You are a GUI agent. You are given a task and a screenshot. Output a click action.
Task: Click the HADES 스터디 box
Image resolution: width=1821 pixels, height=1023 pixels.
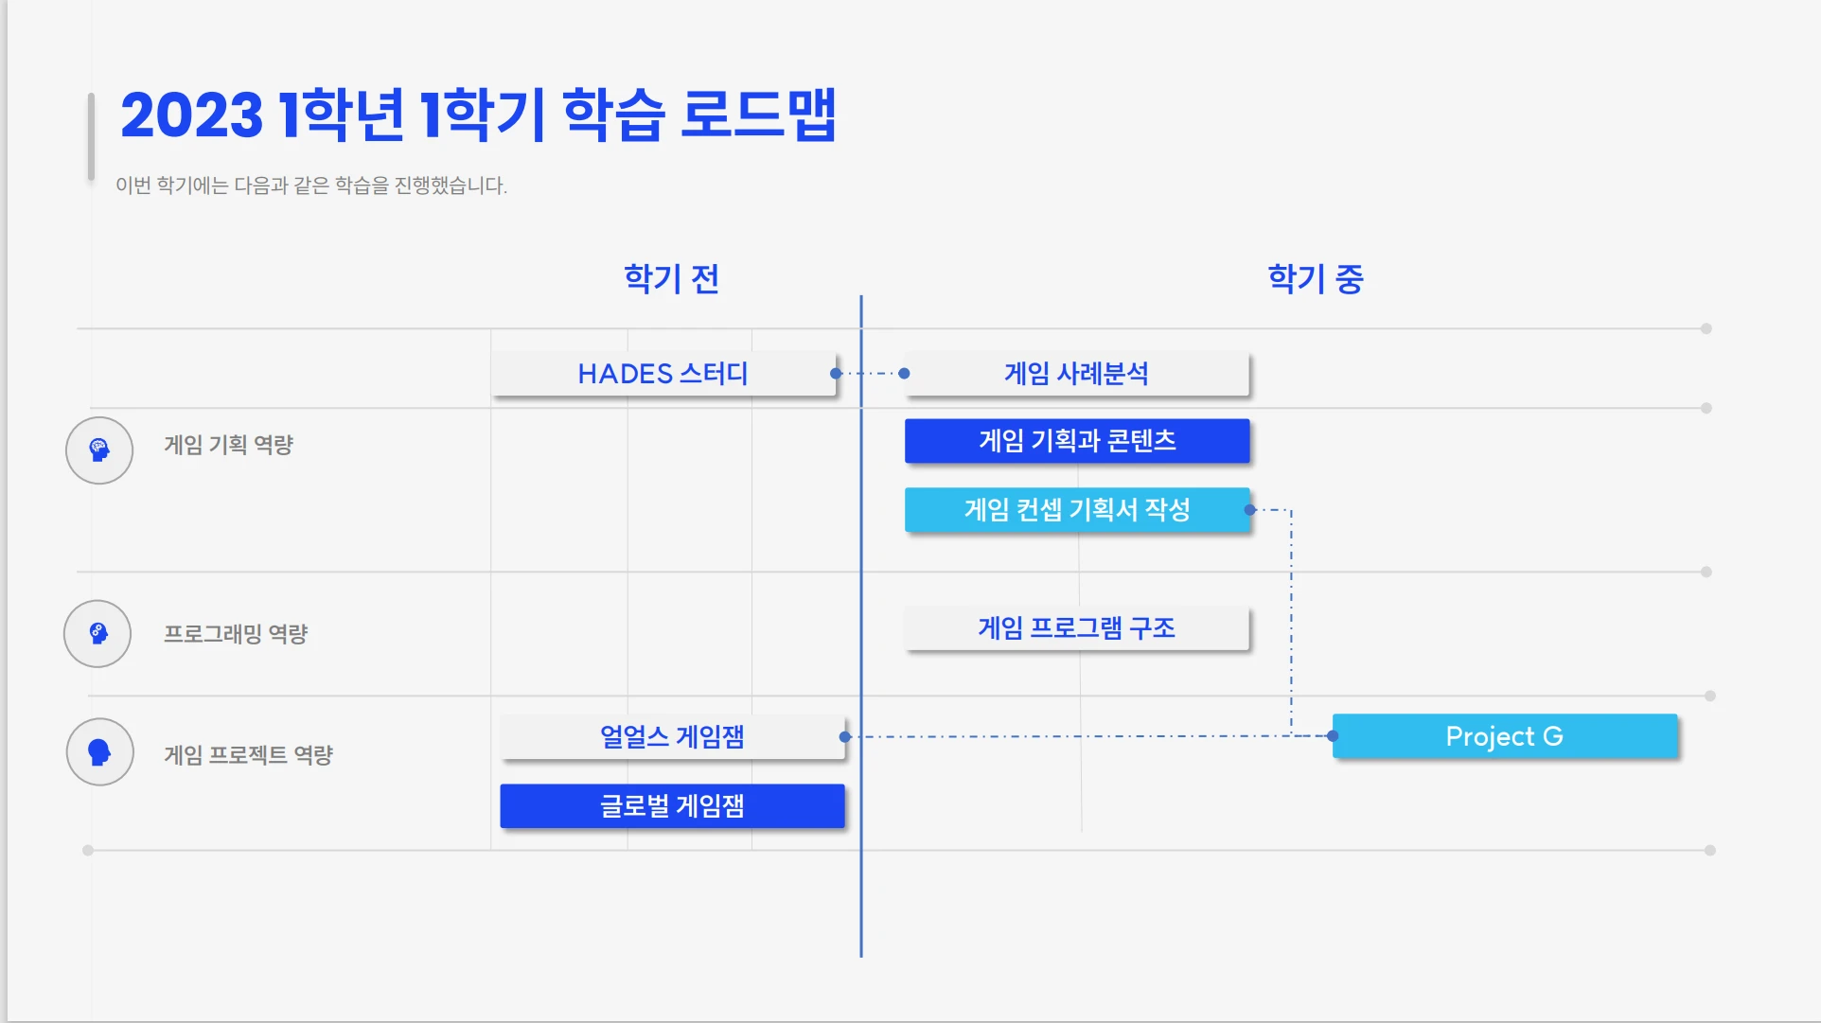click(x=663, y=374)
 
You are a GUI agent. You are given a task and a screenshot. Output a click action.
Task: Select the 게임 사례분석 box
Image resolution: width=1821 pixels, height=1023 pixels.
click(x=1076, y=374)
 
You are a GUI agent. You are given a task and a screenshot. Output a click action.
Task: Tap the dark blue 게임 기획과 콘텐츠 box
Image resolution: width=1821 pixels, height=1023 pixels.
click(x=1076, y=441)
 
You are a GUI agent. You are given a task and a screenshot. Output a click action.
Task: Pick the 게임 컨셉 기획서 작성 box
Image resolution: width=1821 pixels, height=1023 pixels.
click(x=1076, y=510)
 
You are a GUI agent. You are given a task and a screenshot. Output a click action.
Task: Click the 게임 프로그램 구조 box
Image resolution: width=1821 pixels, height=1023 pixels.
click(x=1076, y=628)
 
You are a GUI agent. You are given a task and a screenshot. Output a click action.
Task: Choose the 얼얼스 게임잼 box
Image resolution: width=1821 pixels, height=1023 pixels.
click(x=672, y=736)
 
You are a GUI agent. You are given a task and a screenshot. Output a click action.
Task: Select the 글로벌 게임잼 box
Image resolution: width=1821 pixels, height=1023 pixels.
click(x=672, y=806)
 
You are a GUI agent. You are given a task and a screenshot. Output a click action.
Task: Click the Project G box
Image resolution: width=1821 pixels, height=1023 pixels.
click(x=1504, y=736)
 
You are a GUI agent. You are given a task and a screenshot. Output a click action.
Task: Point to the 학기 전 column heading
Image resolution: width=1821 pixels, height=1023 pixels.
click(x=672, y=278)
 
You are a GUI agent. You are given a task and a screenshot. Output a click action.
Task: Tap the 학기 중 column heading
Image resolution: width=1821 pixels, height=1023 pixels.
click(x=1315, y=278)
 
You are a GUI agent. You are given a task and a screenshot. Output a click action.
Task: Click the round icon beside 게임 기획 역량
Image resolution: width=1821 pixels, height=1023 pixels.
click(x=99, y=450)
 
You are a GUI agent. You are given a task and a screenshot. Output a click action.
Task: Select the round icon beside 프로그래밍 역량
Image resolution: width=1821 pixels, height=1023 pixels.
click(x=97, y=634)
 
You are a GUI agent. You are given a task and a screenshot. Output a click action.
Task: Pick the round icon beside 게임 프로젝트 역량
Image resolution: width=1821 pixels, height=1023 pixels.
click(x=99, y=752)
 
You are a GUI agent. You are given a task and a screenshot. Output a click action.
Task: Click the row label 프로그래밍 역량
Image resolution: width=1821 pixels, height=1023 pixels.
click(x=236, y=634)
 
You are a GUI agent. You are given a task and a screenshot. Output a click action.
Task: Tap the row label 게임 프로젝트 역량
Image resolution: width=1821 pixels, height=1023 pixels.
click(x=248, y=755)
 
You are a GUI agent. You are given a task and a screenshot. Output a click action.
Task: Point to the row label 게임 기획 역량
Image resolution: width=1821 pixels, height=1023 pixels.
click(x=228, y=445)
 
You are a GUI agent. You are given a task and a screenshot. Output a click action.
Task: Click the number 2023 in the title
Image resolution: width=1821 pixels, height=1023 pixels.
click(x=191, y=115)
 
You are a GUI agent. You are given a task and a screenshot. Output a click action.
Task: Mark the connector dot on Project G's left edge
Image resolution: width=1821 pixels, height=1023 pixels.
click(x=1333, y=735)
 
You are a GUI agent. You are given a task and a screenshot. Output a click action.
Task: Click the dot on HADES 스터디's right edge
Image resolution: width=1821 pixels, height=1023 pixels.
click(x=836, y=374)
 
